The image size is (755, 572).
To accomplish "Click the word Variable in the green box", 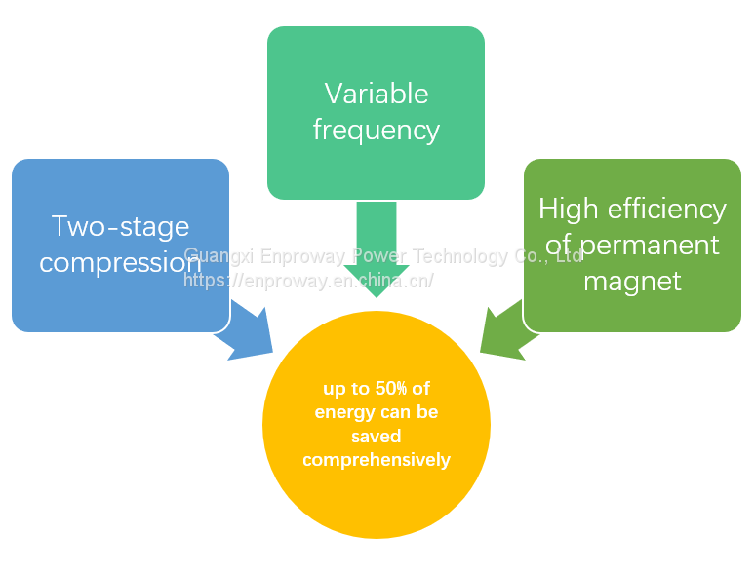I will click(377, 94).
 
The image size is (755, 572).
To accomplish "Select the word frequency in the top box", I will click(377, 130).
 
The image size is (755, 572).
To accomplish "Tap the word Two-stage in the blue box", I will click(120, 226).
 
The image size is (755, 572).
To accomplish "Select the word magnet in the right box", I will click(632, 282).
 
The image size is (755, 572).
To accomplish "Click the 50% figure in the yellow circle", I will click(392, 389).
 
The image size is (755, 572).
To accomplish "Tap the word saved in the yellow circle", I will click(377, 436).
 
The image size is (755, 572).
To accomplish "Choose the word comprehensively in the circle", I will click(377, 459).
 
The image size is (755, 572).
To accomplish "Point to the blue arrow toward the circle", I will click(247, 332).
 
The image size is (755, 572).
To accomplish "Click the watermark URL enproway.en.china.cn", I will click(308, 281).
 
